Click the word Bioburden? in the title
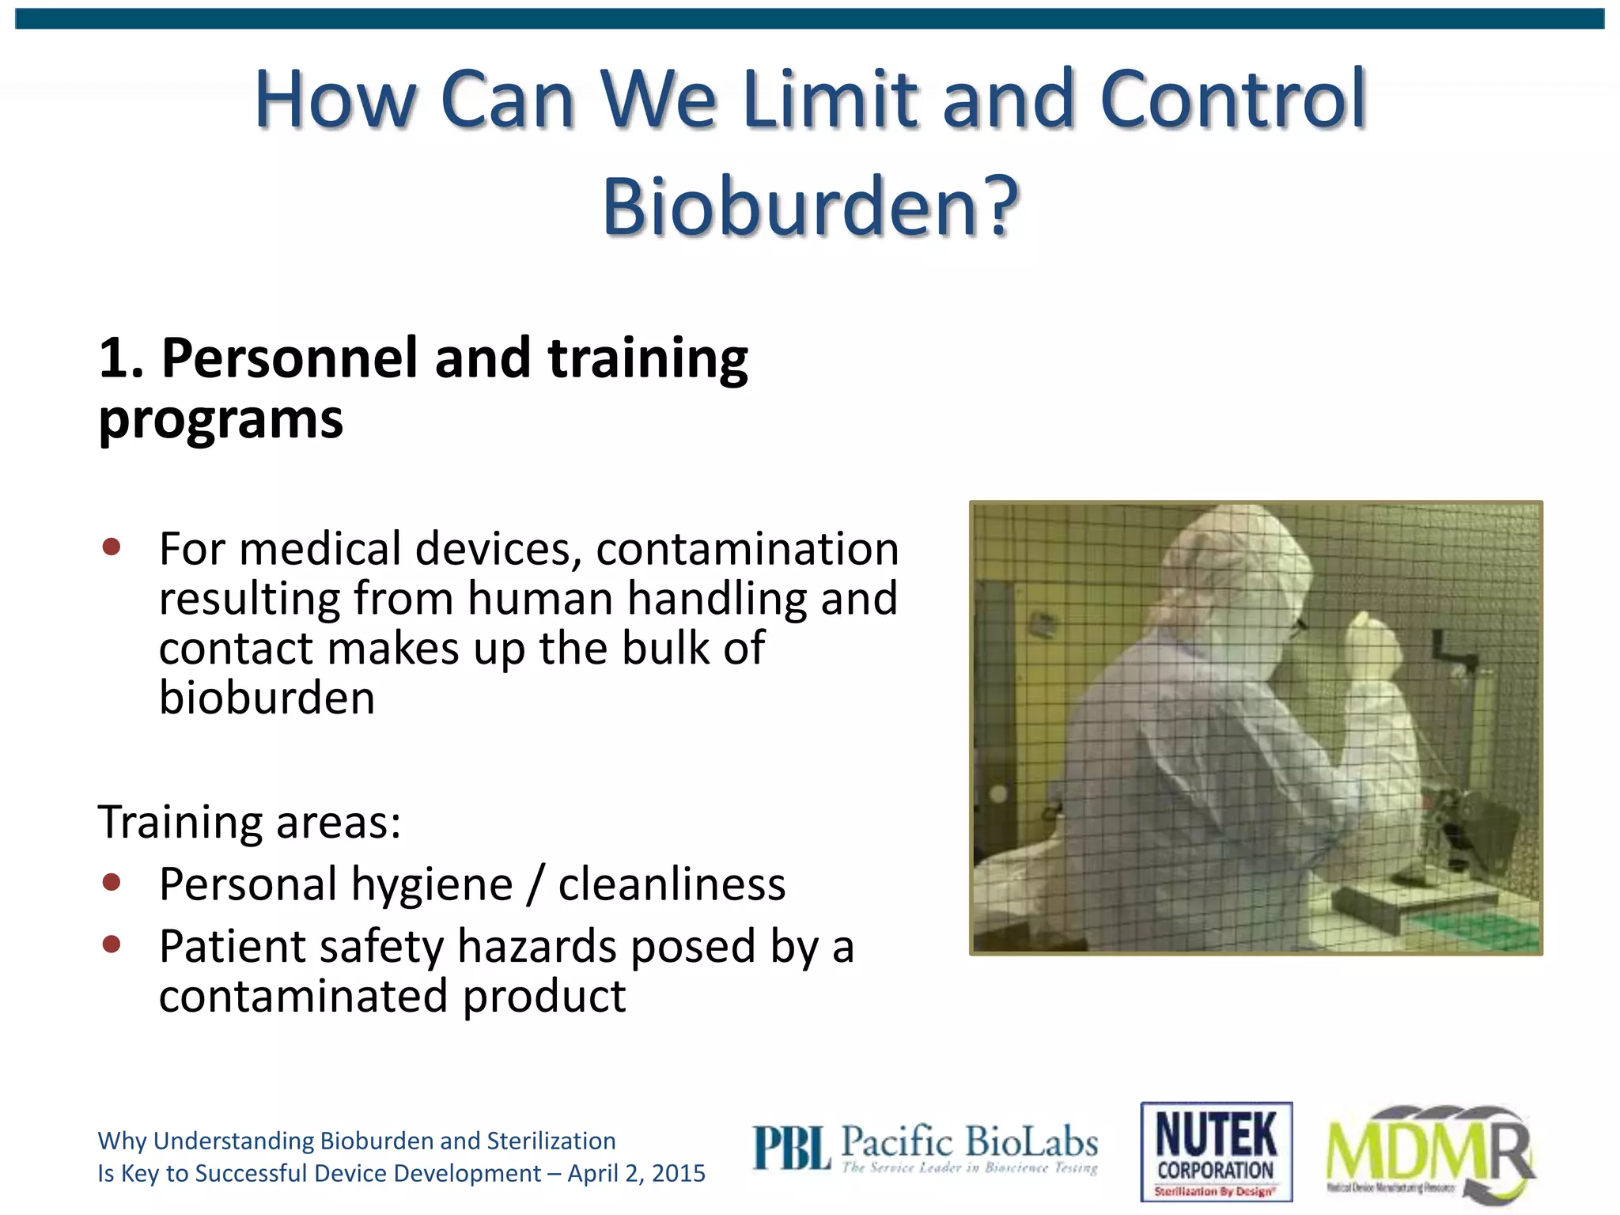pyautogui.click(x=810, y=207)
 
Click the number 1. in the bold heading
pyautogui.click(x=120, y=358)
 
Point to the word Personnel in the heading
pyautogui.click(x=290, y=358)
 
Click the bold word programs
pyautogui.click(x=221, y=419)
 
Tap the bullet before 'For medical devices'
pyautogui.click(x=112, y=547)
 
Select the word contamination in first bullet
pyautogui.click(x=747, y=549)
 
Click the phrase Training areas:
pyautogui.click(x=249, y=822)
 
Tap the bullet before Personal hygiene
pyautogui.click(x=112, y=882)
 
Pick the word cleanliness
pyautogui.click(x=672, y=884)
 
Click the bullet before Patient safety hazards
pyautogui.click(x=112, y=944)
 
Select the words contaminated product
pyautogui.click(x=392, y=995)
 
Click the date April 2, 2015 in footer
pyautogui.click(x=636, y=1173)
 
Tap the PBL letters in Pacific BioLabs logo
pyautogui.click(x=791, y=1149)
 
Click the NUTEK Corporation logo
pyautogui.click(x=1216, y=1151)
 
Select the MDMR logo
pyautogui.click(x=1430, y=1151)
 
